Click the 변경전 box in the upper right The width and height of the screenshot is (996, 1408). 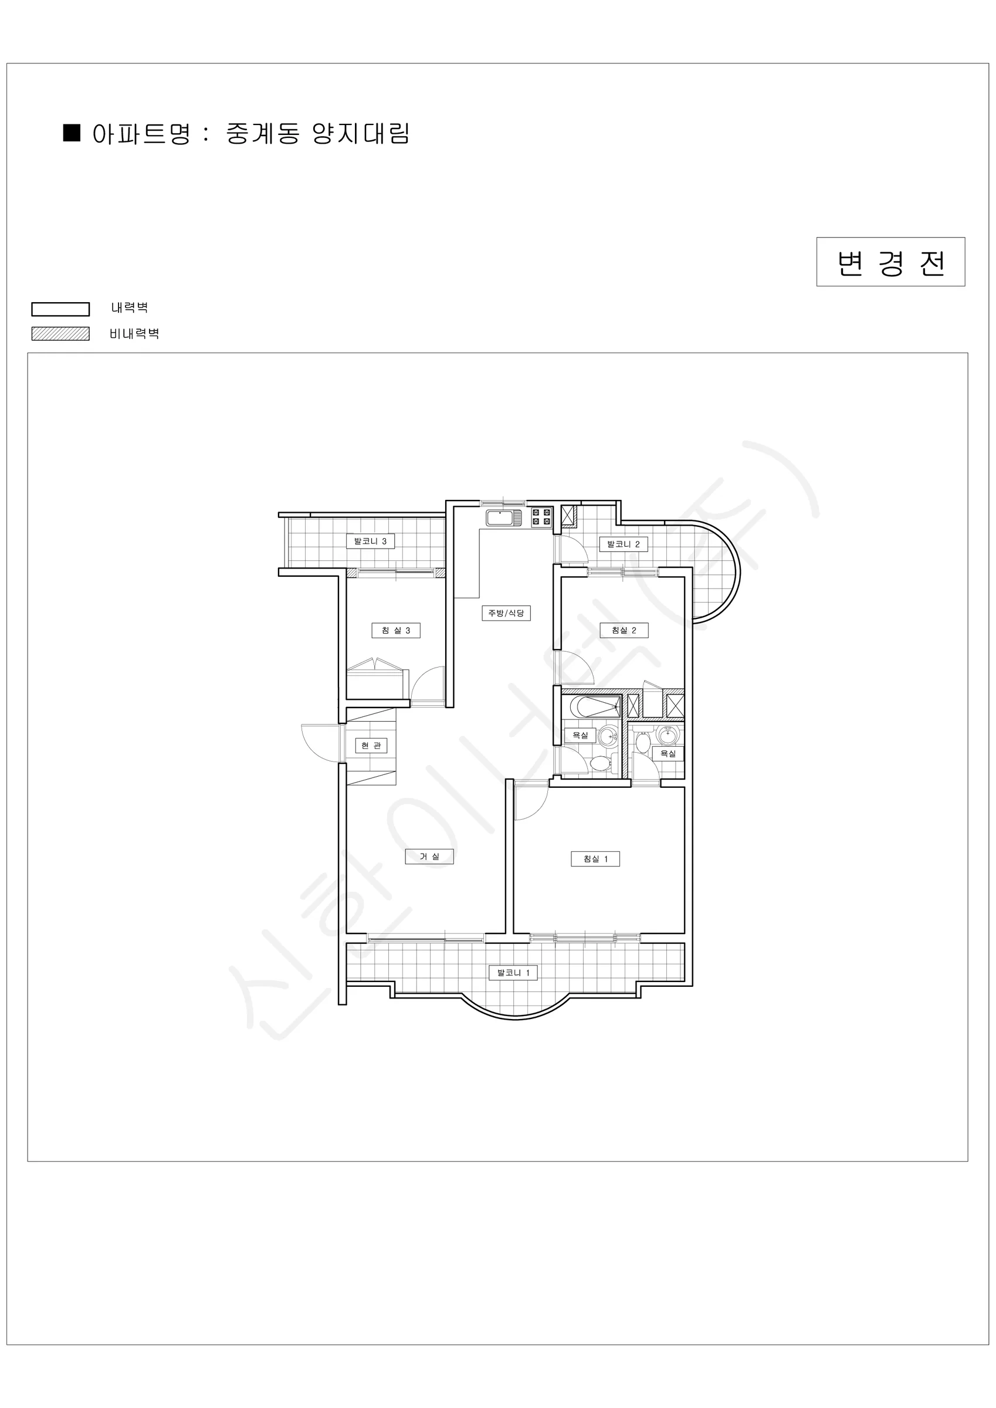point(890,262)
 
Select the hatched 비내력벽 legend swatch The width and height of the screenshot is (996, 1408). point(61,334)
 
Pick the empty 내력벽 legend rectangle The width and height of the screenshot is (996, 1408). point(61,309)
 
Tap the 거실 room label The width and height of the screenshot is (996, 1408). point(429,857)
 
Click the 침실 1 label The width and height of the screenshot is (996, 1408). point(595,859)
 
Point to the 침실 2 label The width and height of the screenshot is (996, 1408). point(624,631)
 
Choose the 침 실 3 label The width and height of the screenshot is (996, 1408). point(396,631)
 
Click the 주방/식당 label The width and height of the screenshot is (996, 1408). point(506,613)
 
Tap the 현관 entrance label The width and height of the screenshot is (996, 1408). point(371,746)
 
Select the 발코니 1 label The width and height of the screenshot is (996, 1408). point(513,973)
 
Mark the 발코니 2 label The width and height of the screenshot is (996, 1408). point(624,544)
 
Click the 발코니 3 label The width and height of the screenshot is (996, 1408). point(371,541)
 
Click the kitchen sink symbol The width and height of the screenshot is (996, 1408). point(503,517)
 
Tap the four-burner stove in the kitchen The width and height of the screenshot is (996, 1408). point(541,516)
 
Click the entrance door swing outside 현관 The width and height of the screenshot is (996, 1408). point(320,743)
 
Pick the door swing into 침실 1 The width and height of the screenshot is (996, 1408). point(531,803)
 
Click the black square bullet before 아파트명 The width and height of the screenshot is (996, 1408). point(72,133)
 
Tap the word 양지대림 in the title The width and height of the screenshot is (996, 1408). point(361,134)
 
